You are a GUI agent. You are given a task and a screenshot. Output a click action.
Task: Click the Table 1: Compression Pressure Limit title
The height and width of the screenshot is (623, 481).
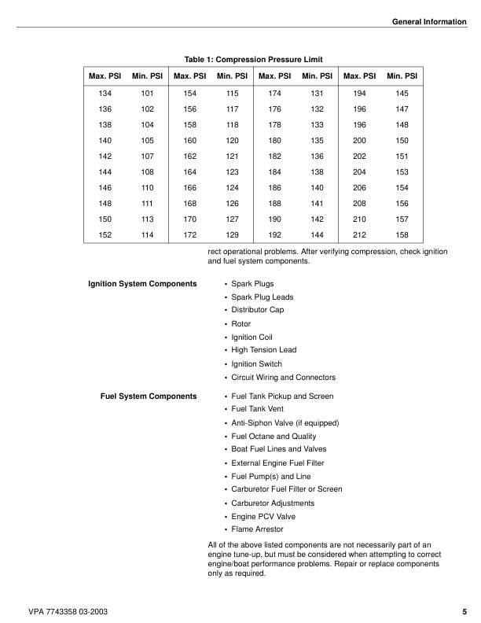[x=253, y=59]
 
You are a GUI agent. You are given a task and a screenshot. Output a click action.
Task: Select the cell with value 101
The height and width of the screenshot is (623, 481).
[x=147, y=93]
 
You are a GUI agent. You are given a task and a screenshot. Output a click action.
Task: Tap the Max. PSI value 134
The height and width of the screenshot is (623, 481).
[x=105, y=93]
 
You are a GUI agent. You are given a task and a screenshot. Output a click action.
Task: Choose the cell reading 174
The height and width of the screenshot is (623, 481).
[x=275, y=93]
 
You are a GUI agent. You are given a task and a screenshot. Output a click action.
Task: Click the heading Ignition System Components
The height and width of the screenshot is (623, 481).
[x=142, y=283]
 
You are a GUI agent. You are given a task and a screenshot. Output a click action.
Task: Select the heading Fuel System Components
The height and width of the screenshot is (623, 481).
[x=149, y=396]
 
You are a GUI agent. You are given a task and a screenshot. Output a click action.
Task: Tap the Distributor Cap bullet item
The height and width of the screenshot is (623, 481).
[x=258, y=310]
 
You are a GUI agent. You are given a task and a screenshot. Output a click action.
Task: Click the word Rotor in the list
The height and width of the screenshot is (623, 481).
[x=240, y=323]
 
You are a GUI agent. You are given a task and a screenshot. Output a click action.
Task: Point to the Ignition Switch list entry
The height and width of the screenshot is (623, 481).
[x=256, y=364]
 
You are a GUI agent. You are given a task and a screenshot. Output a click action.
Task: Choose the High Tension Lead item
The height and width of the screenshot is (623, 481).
[x=263, y=350]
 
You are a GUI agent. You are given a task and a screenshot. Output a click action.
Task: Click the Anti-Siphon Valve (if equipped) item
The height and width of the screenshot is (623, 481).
[x=285, y=422]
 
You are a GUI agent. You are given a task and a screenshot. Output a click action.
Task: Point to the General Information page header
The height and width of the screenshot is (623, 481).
[x=428, y=21]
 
